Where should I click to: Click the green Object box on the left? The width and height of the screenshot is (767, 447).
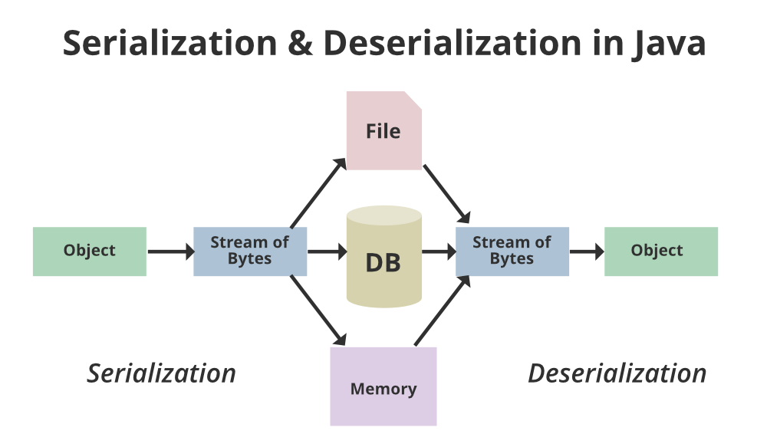89,251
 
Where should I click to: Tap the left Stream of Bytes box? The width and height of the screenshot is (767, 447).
250,251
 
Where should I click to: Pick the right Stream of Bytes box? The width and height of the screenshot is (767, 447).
512,251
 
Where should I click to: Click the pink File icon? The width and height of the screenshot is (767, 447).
383,131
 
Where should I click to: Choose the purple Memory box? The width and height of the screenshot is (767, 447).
383,387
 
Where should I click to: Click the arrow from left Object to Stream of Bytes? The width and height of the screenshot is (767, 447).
170,251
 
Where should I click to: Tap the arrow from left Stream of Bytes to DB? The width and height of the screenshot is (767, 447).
327,251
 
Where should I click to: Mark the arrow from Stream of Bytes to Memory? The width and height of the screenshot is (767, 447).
318,311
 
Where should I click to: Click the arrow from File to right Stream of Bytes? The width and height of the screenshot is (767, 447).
446,192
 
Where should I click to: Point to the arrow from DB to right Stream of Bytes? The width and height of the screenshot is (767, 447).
438,251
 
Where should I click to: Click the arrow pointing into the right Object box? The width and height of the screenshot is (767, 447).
587,251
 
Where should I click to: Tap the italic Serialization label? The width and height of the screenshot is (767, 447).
161,373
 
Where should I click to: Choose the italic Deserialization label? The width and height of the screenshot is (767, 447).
617,373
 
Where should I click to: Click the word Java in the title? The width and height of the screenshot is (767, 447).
668,44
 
